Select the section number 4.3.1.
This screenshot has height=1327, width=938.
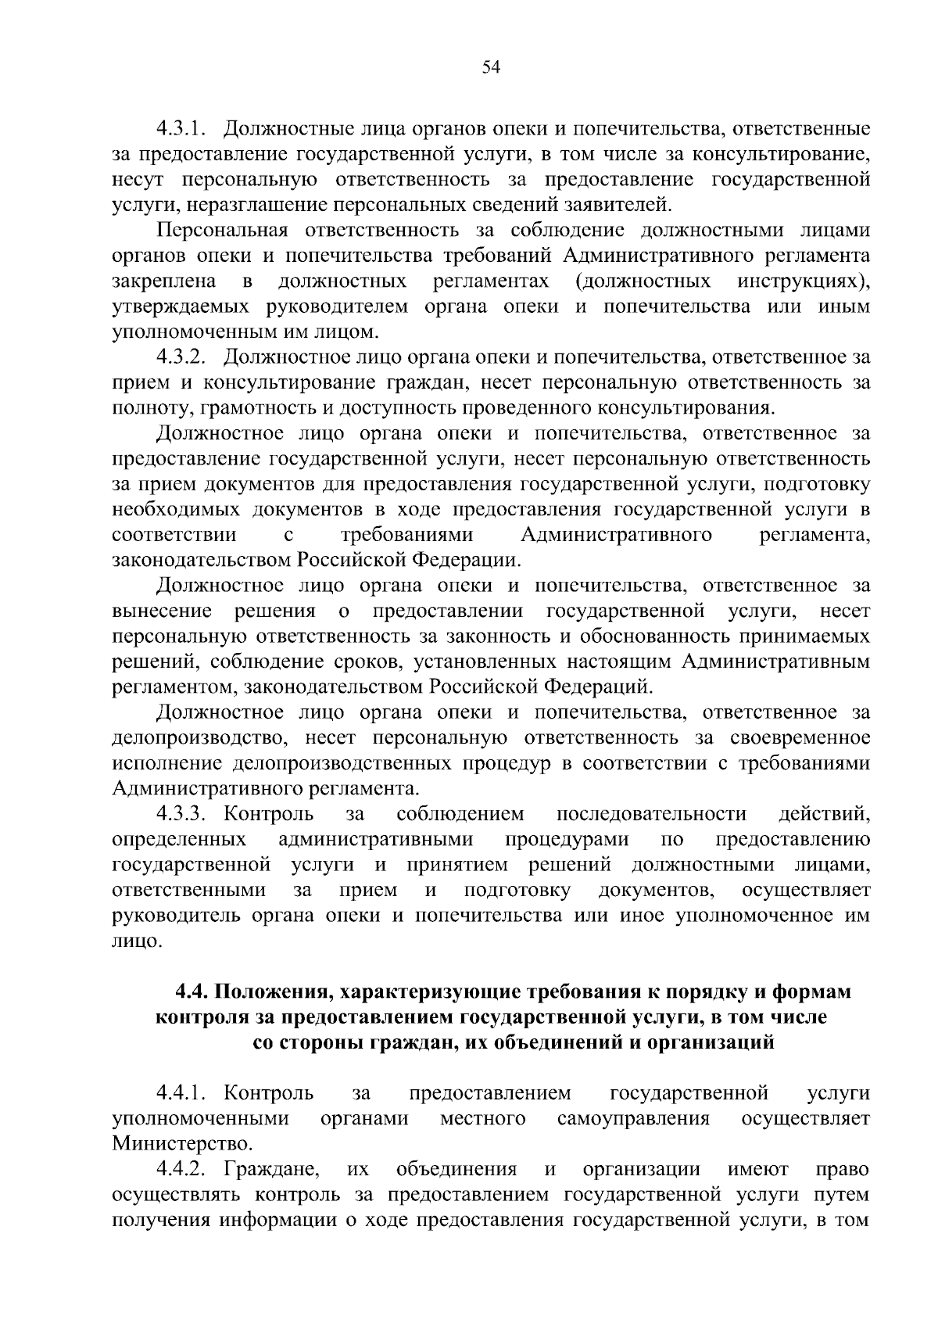181,128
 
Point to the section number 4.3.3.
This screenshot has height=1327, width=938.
181,814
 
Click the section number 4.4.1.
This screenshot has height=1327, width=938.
181,1092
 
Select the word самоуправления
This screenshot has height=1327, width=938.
633,1118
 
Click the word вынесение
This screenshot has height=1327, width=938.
162,611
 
